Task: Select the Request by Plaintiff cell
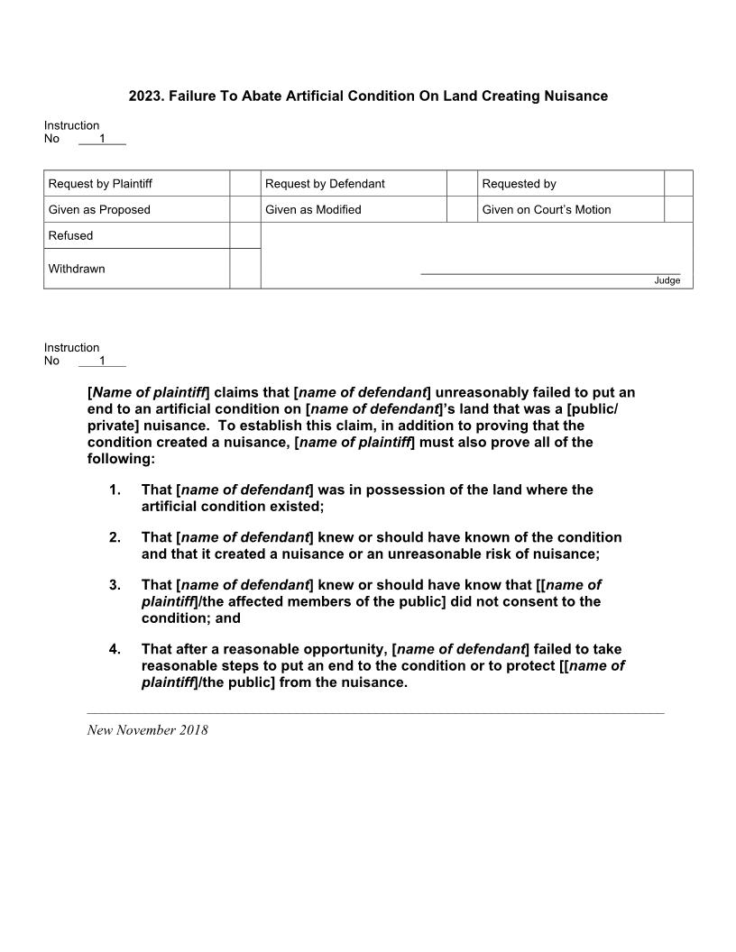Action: (x=100, y=184)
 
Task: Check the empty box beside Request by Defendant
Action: (x=462, y=184)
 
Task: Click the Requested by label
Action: (x=519, y=184)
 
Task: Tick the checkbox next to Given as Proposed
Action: (x=244, y=210)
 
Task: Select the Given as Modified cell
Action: (x=313, y=210)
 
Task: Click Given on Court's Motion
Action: (x=546, y=210)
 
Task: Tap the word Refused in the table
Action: (x=70, y=236)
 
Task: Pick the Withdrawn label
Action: (x=77, y=269)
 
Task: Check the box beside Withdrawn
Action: (x=244, y=269)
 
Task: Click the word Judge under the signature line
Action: (x=667, y=280)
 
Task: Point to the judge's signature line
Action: (x=550, y=272)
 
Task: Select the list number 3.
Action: (x=115, y=585)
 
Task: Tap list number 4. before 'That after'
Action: (x=115, y=649)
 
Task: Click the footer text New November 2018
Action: (x=147, y=730)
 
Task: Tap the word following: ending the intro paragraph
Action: (x=121, y=459)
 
